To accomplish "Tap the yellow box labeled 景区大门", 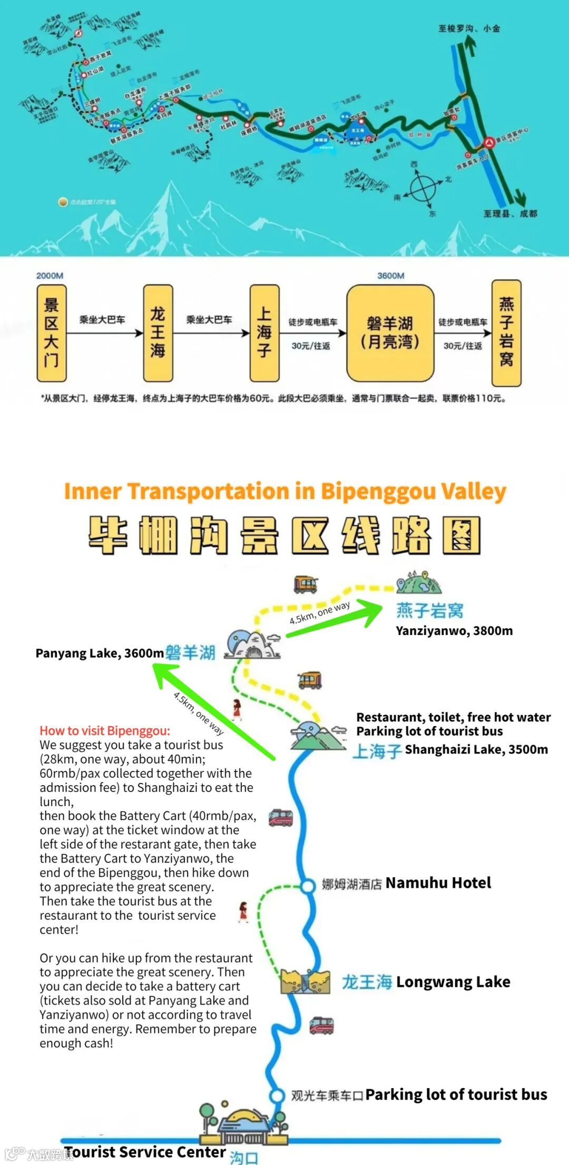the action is [x=51, y=333].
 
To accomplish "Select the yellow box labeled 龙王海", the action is [x=158, y=333].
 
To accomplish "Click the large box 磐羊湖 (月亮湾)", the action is [x=390, y=333].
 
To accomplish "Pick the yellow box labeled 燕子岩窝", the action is [x=506, y=333].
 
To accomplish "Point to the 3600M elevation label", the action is [x=390, y=276].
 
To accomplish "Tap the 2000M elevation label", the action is [x=50, y=276].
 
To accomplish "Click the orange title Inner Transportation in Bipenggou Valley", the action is [x=284, y=491].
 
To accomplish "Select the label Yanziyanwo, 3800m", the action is [x=454, y=631].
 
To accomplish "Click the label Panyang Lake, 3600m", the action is [x=100, y=653].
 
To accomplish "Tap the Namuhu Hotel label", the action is [x=438, y=883].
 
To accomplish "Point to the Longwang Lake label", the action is [x=453, y=982].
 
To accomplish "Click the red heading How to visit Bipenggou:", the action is [x=105, y=731].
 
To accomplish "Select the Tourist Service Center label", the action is [x=145, y=1152].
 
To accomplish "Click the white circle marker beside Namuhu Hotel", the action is [x=308, y=886].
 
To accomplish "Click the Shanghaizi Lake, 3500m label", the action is [x=476, y=749].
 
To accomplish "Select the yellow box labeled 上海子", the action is [x=264, y=333].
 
